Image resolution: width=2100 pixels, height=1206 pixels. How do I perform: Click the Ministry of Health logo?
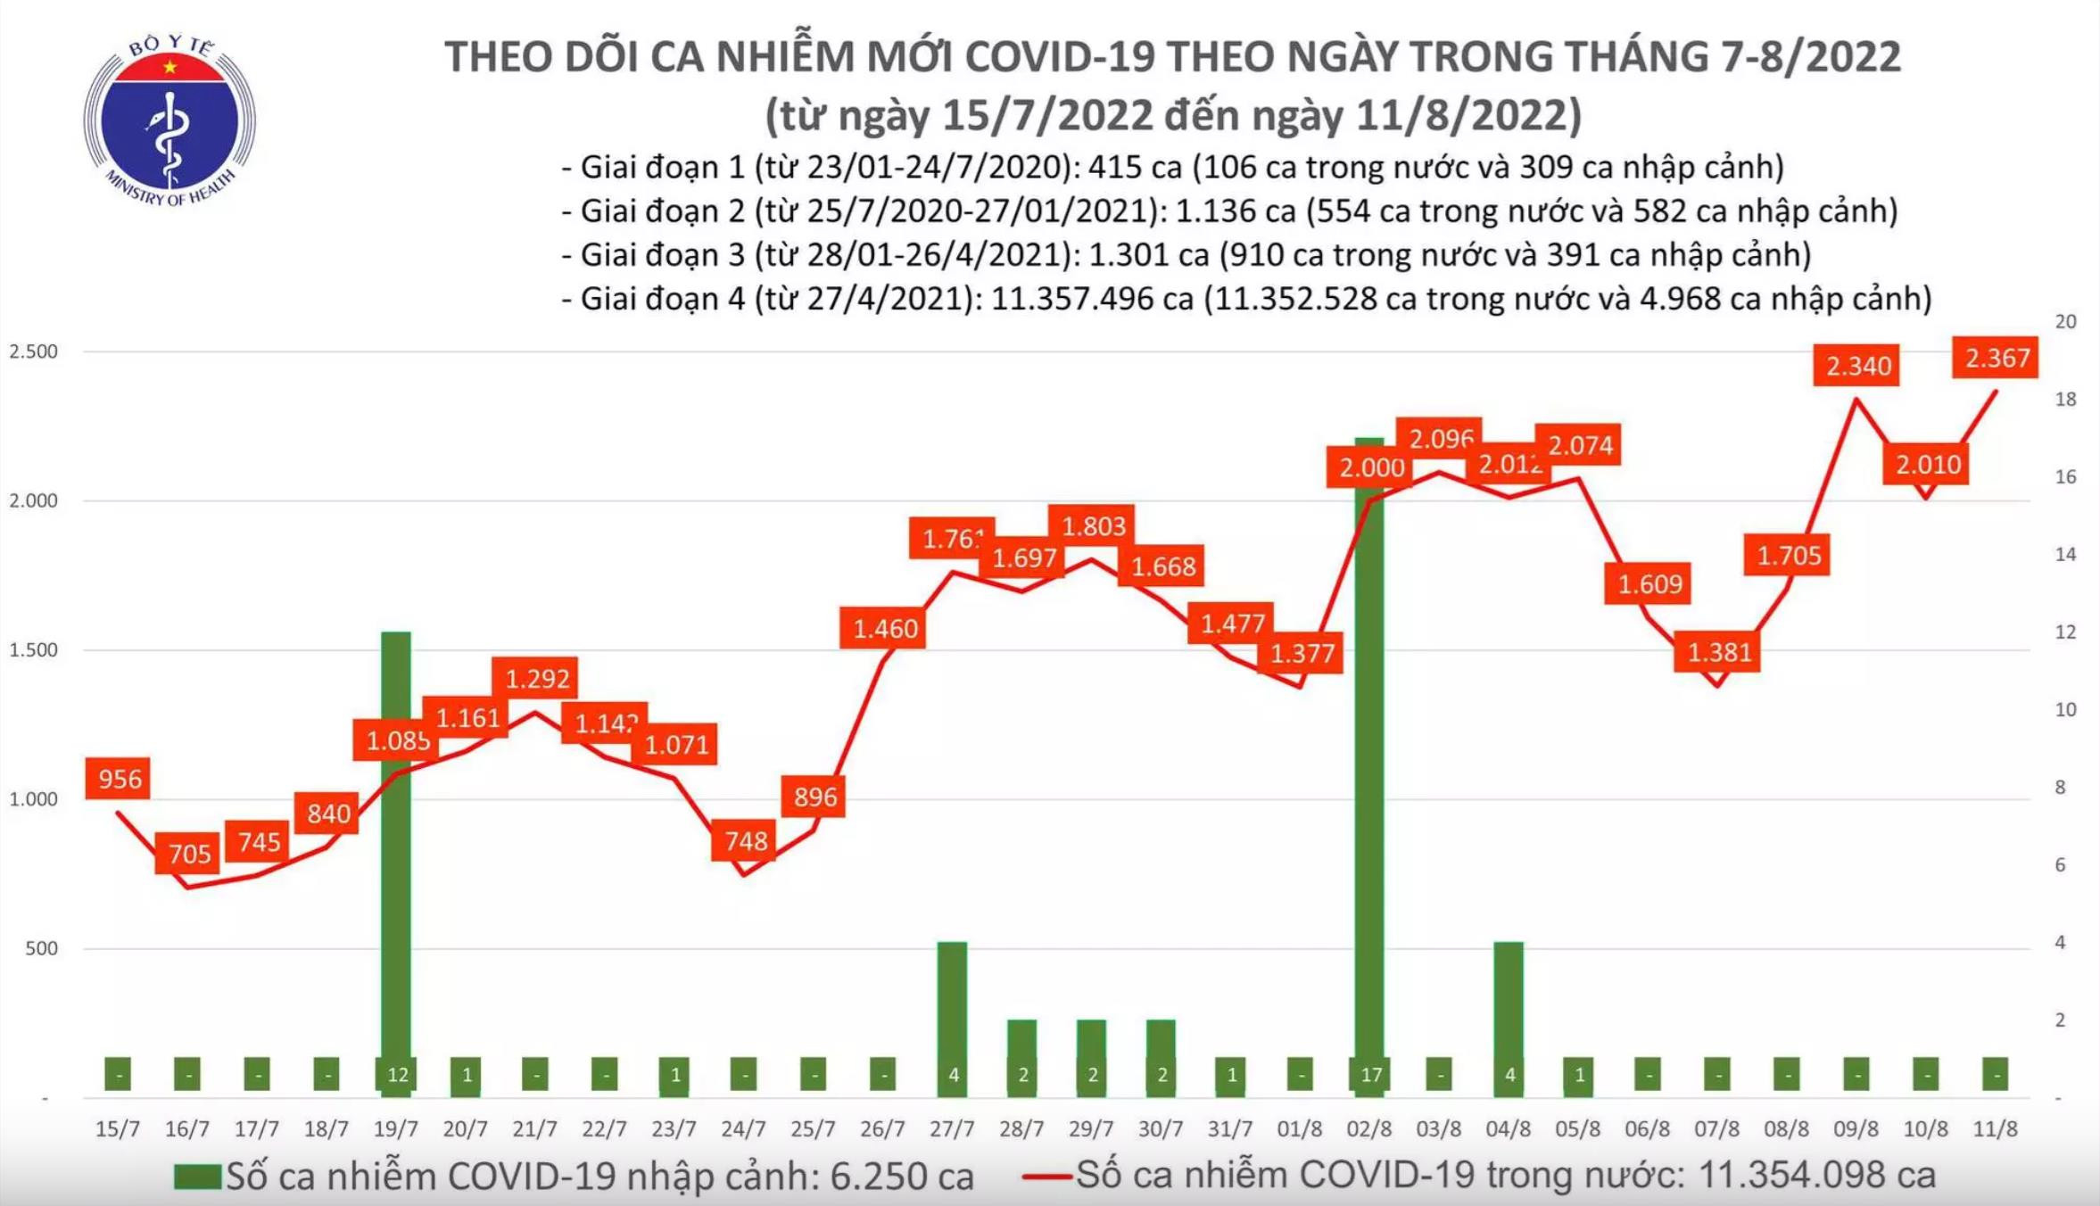tap(169, 121)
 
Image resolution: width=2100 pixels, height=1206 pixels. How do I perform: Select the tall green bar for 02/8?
tap(1369, 758)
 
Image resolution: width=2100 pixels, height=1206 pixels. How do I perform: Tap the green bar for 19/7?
tap(396, 856)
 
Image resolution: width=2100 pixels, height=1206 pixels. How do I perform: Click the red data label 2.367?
tap(1997, 358)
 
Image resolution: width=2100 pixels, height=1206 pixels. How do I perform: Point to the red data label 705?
tap(189, 854)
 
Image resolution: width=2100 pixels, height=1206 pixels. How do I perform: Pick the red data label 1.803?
tap(1094, 526)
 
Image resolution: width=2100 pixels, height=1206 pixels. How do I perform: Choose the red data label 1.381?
tap(1719, 652)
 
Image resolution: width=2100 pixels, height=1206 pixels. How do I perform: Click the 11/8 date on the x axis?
tap(1995, 1128)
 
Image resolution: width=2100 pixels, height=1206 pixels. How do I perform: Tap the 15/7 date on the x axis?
tap(118, 1128)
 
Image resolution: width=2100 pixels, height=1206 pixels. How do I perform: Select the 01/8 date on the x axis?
tap(1299, 1128)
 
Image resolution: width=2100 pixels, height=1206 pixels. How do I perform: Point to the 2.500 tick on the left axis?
tap(34, 351)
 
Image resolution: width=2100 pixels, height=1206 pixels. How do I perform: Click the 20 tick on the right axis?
tap(2065, 321)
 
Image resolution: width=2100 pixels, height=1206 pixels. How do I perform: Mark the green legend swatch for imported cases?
tap(197, 1177)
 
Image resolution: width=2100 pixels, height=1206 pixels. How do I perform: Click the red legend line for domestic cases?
tap(1046, 1177)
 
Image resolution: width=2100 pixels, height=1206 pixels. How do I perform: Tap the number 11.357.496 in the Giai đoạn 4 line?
tap(1091, 298)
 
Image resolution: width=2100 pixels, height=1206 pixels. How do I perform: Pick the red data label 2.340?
tap(1858, 366)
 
